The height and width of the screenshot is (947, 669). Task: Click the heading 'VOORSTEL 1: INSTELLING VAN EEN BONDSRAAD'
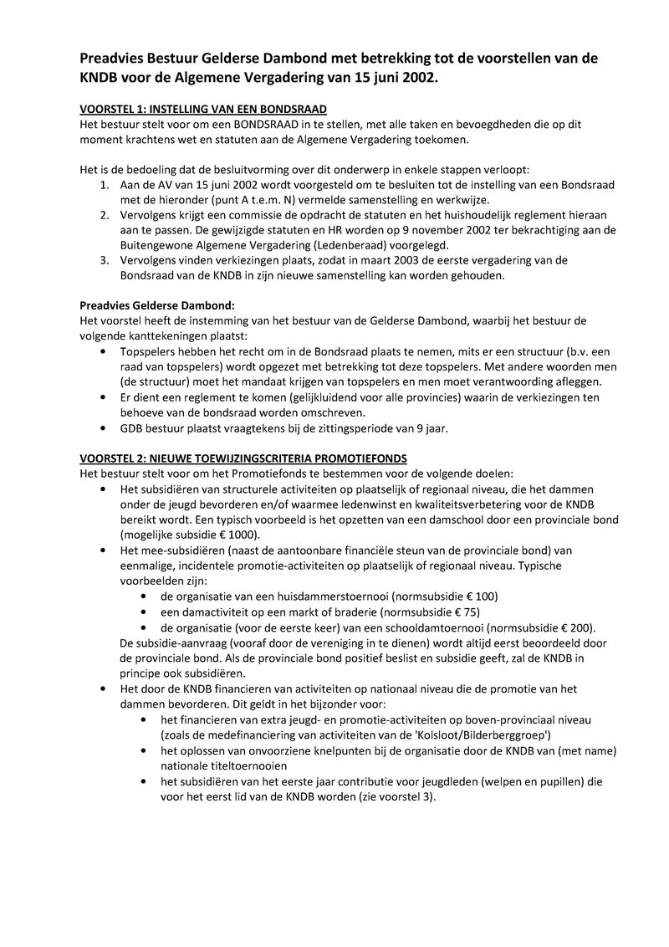202,110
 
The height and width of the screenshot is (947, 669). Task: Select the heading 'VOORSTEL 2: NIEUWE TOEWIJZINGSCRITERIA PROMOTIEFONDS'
243,458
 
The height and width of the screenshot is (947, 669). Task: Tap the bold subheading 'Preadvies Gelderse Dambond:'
157,305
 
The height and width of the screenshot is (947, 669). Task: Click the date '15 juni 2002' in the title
386,77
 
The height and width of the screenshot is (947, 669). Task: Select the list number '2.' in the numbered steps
105,215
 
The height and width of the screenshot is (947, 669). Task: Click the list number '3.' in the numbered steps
105,260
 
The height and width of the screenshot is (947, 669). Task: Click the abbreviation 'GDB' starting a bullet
132,428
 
